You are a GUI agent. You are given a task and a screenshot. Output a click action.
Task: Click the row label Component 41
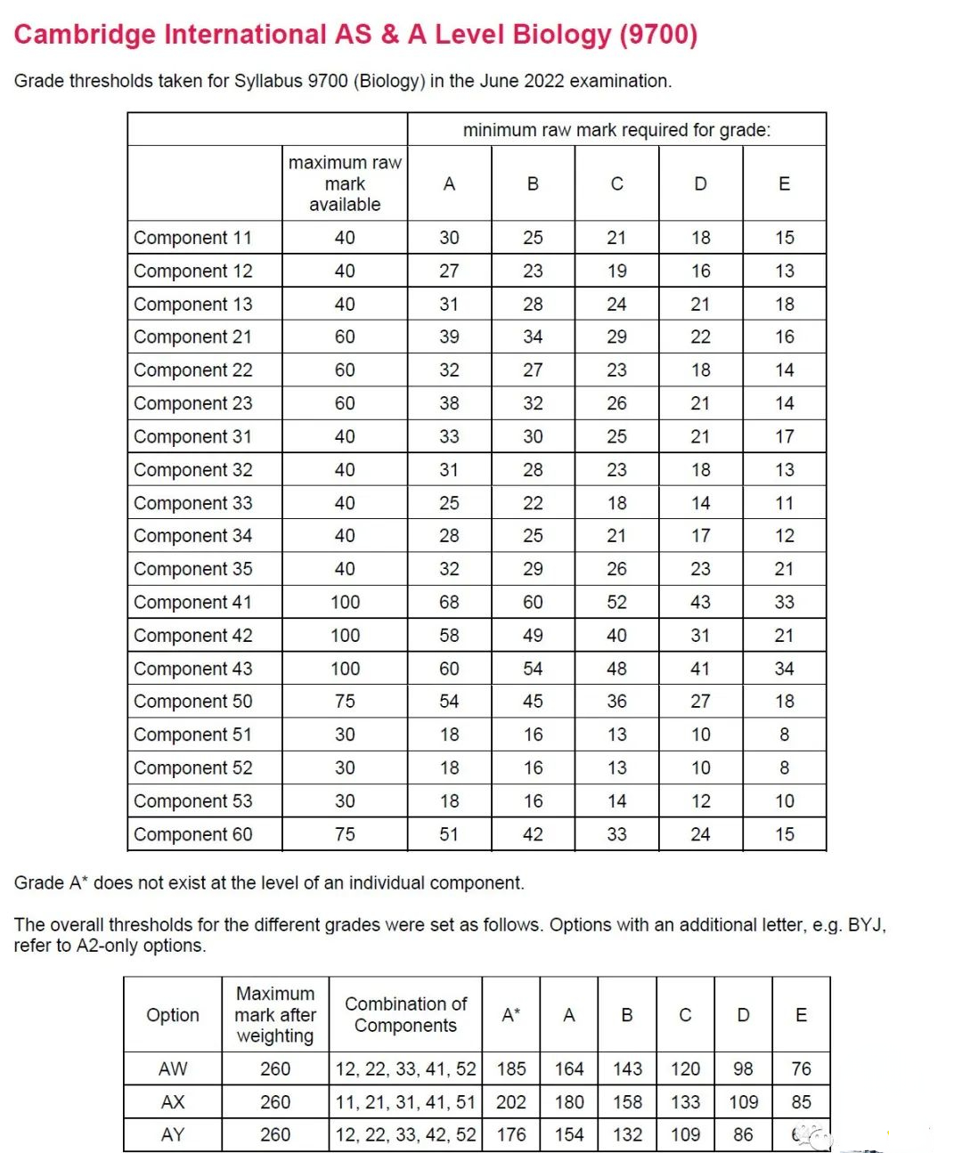tap(192, 603)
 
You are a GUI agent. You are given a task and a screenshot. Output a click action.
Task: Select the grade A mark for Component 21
tap(449, 337)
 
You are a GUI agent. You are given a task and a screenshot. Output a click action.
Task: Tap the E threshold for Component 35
tap(784, 569)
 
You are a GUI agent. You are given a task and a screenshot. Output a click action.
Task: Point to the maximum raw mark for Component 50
tap(345, 702)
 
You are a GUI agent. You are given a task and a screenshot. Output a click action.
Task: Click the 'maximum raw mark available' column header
tap(345, 183)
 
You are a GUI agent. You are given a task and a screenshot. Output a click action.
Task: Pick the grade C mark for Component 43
tap(616, 669)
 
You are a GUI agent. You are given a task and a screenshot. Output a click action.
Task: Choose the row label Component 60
tap(192, 835)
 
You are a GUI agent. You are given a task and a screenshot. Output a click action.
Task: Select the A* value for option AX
tap(511, 1102)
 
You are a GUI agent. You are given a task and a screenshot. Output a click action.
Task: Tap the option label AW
tap(173, 1069)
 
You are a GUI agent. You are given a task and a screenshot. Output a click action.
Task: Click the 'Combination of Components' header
tap(405, 1015)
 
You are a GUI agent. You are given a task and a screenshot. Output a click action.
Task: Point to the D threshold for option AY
tap(743, 1135)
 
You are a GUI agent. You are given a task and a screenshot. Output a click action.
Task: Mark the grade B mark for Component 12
tap(533, 271)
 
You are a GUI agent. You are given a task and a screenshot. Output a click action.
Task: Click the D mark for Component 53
tap(700, 801)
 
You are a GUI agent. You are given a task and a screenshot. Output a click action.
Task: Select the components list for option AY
tap(405, 1135)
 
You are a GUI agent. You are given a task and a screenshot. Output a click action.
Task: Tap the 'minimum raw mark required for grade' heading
tap(616, 130)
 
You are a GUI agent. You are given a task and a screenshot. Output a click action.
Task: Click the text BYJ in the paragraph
tap(866, 925)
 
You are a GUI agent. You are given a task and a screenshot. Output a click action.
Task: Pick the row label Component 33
tap(192, 503)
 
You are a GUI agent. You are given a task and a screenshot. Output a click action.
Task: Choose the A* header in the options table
tap(511, 1015)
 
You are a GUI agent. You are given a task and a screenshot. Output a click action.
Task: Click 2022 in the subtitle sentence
tap(544, 81)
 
